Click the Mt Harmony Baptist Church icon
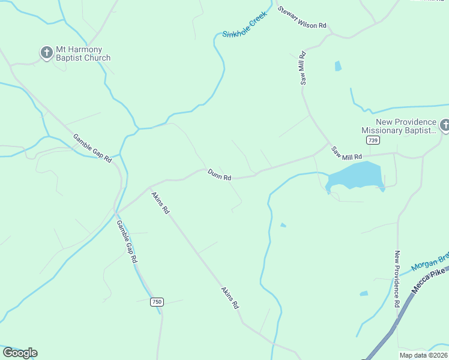[47, 53]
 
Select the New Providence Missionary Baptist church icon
[445, 125]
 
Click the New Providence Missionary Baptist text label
[399, 125]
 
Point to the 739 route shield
[373, 140]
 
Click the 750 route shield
[157, 302]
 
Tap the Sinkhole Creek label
[244, 28]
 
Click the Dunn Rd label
[220, 175]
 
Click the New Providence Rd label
[397, 279]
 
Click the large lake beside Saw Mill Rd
[357, 176]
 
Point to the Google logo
[20, 353]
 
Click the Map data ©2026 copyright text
[423, 355]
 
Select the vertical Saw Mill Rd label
[304, 68]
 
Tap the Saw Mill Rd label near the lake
[348, 152]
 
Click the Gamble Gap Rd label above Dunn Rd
[92, 148]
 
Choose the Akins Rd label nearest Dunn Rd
[160, 203]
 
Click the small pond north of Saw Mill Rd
[338, 66]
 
